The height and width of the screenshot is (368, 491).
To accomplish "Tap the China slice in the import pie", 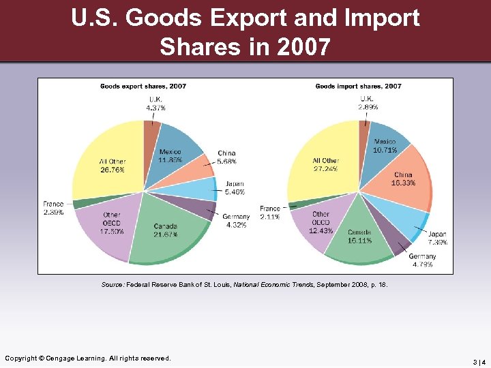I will [402, 181].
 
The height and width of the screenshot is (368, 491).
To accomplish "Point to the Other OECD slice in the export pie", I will [109, 225].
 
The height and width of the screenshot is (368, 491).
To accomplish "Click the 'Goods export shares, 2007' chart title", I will [143, 87].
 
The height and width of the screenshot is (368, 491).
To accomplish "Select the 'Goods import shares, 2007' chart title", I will [358, 87].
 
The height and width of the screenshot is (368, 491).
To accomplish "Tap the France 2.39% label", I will [53, 208].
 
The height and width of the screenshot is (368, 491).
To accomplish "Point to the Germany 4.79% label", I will [423, 260].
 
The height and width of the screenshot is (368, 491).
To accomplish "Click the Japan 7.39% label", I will [436, 239].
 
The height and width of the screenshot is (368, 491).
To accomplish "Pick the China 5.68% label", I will [227, 157].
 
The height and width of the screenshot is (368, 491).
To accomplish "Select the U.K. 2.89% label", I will [368, 103].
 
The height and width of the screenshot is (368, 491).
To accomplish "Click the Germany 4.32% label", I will [237, 221].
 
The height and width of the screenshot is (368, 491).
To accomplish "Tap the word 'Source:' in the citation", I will [113, 286].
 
